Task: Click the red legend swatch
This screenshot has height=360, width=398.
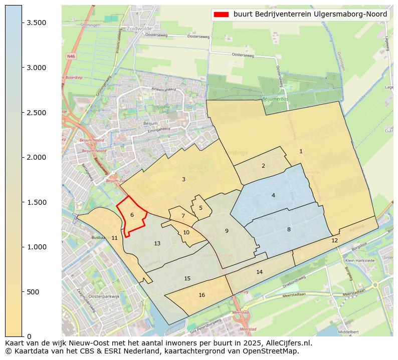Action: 221,14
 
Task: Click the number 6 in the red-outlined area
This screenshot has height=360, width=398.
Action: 132,215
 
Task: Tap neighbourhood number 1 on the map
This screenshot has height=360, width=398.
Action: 301,151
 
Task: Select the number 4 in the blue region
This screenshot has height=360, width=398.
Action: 273,195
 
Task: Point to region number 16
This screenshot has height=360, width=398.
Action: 202,295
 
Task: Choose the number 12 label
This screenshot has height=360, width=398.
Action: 334,240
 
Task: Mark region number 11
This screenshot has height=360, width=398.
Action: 114,238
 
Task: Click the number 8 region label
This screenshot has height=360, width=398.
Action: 289,229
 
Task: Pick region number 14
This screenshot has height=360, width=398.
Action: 259,272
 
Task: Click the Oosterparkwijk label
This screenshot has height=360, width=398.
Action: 104,296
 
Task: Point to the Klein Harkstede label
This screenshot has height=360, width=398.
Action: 359,261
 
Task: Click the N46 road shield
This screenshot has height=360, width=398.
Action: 71,57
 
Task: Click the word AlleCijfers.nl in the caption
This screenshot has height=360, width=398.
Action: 287,343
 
